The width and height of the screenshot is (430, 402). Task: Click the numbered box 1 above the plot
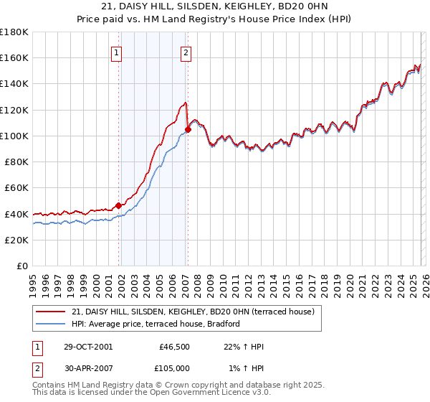click(116, 52)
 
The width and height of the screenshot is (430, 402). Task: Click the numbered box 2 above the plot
click(186, 52)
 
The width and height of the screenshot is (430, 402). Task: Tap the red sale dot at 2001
click(119, 205)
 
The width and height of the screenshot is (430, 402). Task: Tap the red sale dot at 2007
click(188, 130)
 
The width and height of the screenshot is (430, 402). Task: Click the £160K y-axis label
click(14, 57)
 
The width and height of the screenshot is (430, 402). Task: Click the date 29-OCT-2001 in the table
click(87, 347)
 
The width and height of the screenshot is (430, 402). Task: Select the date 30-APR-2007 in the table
click(87, 368)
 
